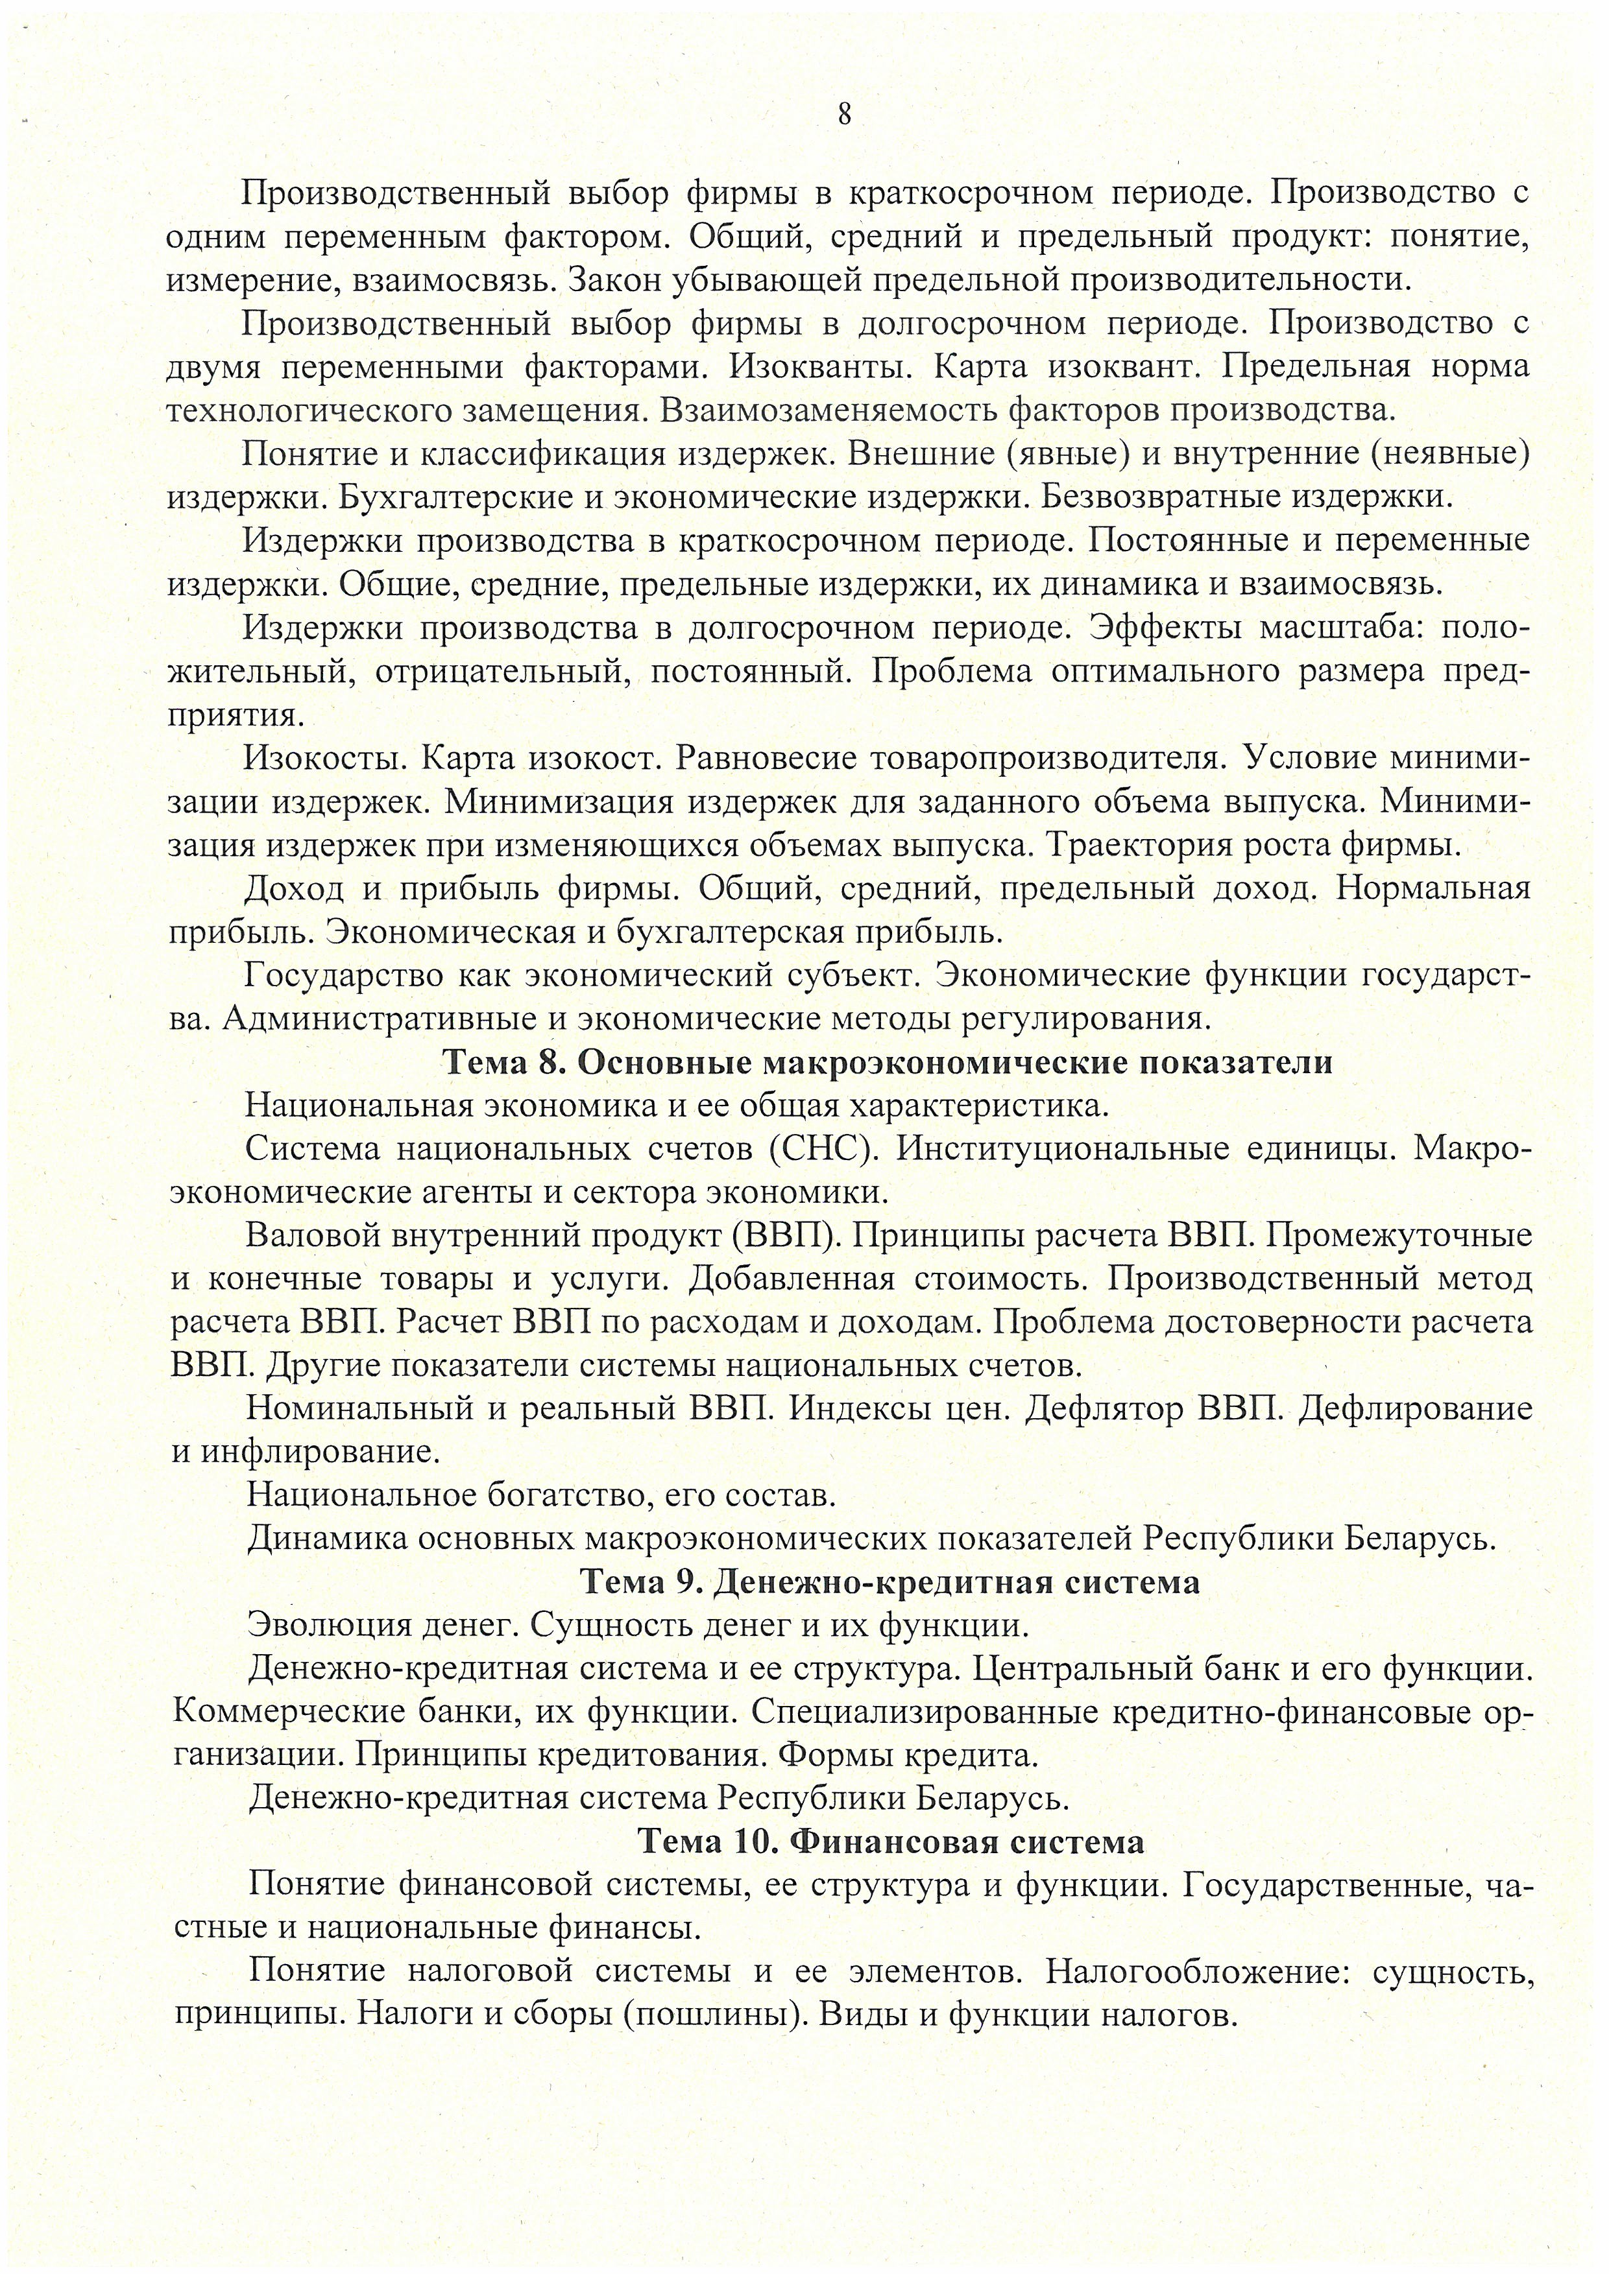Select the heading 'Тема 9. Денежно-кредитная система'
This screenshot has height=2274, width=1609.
[x=889, y=1581]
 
